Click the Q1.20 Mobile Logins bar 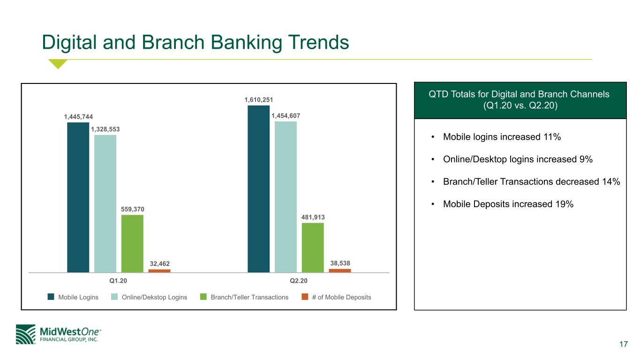click(78, 197)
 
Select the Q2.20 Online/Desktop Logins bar click(286, 197)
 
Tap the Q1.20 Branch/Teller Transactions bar click(132, 244)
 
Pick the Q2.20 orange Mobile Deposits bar click(340, 270)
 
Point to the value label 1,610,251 click(259, 100)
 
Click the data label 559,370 click(133, 209)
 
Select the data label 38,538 click(340, 263)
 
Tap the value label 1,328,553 click(105, 129)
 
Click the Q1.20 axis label click(118, 281)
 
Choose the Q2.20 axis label click(299, 281)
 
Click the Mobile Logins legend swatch click(51, 297)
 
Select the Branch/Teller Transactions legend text click(249, 297)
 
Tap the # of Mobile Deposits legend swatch click(305, 297)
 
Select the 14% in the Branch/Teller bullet click(611, 182)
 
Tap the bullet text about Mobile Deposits click(508, 204)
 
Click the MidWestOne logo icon click(26, 334)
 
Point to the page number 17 click(624, 344)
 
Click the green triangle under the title click(58, 63)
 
